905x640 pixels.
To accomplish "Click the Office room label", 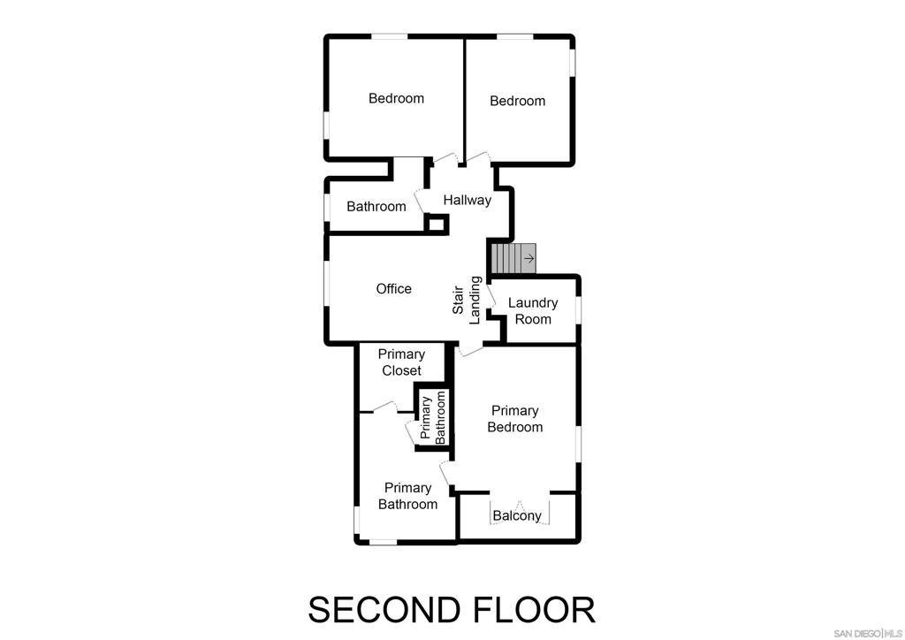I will click(393, 289).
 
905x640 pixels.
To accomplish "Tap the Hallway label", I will click(467, 201).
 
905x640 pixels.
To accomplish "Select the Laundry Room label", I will click(533, 311).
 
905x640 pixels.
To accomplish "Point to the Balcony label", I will click(517, 516).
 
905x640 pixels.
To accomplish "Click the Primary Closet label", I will click(401, 362).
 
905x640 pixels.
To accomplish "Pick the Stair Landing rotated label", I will click(467, 301).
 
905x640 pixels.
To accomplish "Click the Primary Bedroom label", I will click(515, 419).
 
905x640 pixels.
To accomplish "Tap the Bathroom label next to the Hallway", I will click(376, 207).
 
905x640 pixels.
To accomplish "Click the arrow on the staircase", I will click(528, 258).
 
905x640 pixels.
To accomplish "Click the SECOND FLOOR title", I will click(452, 610).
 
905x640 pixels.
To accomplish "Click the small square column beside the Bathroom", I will click(436, 224).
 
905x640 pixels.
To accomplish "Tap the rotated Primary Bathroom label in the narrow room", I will click(433, 417).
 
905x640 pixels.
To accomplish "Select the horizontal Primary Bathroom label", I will click(407, 496).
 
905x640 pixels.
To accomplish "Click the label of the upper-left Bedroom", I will click(396, 99).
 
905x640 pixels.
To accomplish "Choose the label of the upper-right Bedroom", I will click(517, 102).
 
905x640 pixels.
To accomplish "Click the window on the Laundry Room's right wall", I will click(579, 311).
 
